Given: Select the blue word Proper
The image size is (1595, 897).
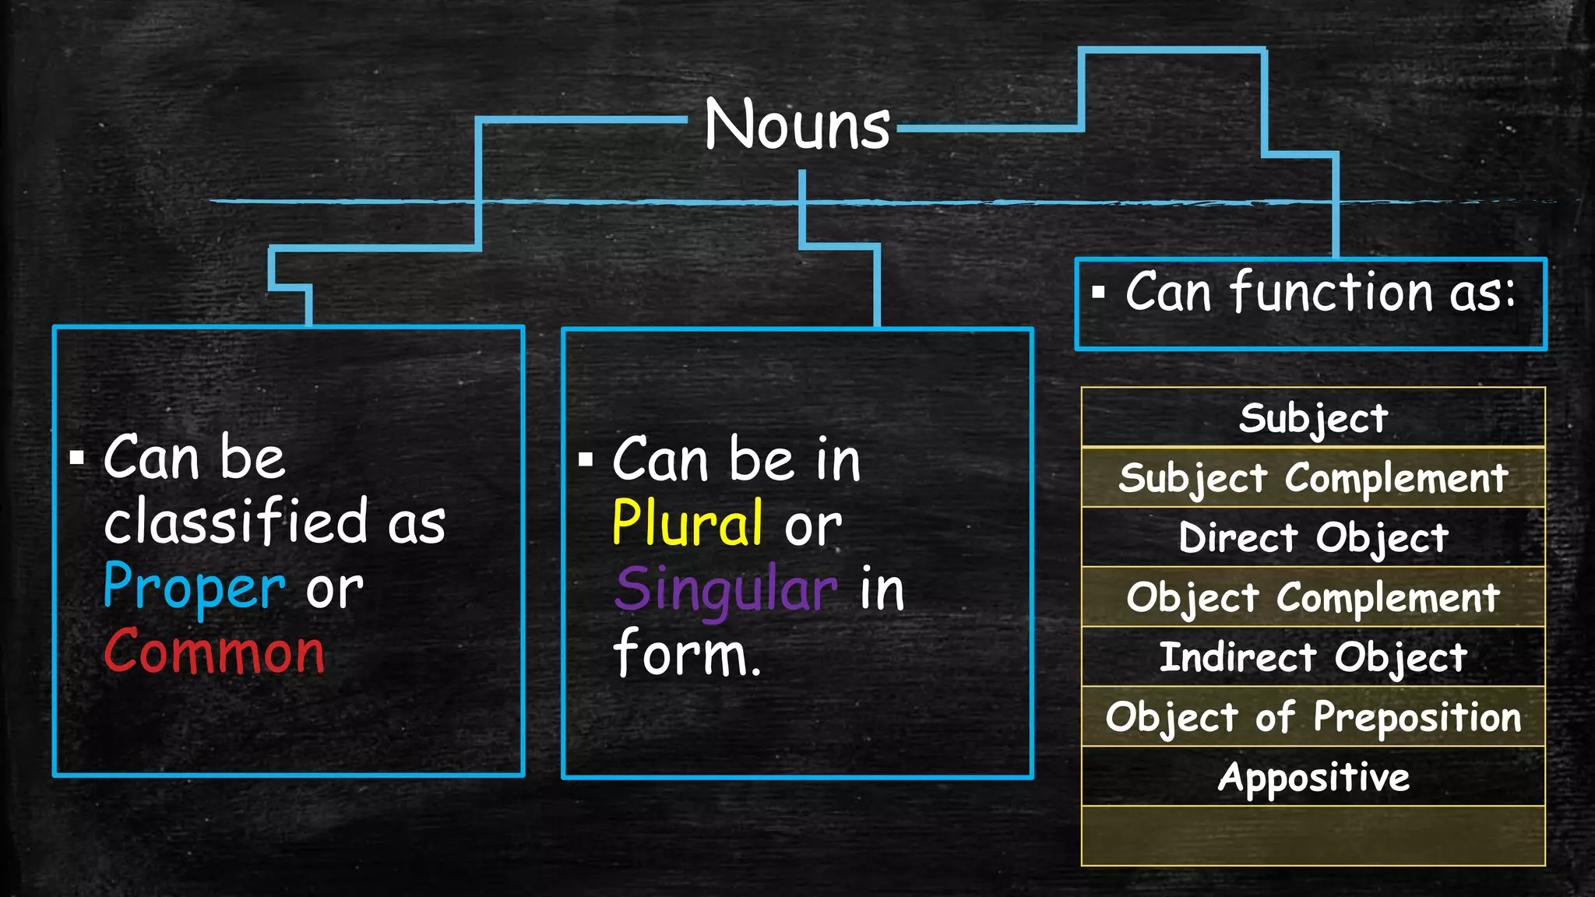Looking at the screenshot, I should click(x=194, y=587).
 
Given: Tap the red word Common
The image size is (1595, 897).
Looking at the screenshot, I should click(x=214, y=652).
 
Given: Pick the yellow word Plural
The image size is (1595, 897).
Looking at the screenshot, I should click(x=687, y=524).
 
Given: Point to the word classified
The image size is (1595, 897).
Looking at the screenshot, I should click(x=236, y=522).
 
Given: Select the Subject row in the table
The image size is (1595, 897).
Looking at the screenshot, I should click(x=1313, y=418).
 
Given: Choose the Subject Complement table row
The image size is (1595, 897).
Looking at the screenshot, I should click(x=1313, y=477).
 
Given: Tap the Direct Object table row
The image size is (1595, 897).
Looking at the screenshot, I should click(x=1313, y=537).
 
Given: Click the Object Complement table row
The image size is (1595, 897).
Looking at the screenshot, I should click(x=1313, y=597).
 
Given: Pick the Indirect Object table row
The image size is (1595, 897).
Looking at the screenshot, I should click(x=1313, y=657).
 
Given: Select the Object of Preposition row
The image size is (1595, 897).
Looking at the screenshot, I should click(x=1313, y=716).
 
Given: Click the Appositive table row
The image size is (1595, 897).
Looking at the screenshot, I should click(x=1313, y=776).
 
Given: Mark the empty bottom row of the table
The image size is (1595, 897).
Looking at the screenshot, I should click(x=1313, y=835).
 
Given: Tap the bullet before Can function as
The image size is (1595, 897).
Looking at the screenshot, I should click(x=1098, y=294).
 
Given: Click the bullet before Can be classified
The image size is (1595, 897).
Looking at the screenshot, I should click(x=76, y=457).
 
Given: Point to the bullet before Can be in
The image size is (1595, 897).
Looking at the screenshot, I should click(x=586, y=459).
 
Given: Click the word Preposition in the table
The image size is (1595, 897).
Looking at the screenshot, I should click(x=1417, y=717).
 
